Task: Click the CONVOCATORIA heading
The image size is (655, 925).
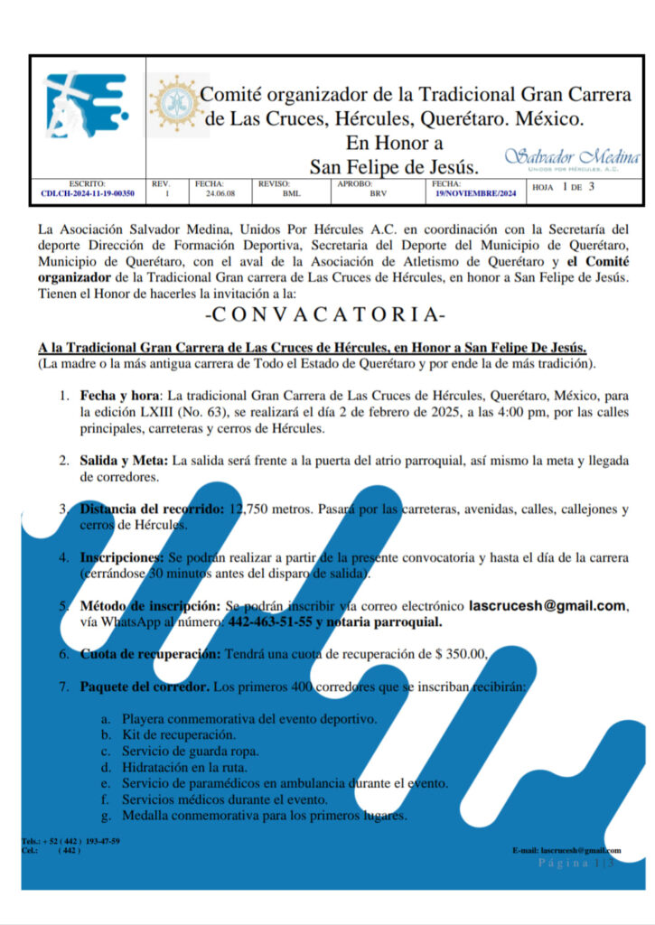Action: (x=326, y=316)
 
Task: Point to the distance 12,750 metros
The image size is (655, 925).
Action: (x=267, y=509)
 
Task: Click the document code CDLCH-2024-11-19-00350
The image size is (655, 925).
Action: (x=88, y=193)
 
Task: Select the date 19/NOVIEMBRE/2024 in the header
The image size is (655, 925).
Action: (x=475, y=193)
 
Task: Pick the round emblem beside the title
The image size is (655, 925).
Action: (x=173, y=102)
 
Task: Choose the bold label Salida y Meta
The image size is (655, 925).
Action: (x=124, y=461)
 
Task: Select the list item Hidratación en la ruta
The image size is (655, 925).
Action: (x=187, y=767)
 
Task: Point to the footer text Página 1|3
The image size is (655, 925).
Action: (x=576, y=864)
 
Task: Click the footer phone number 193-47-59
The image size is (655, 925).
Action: (x=103, y=841)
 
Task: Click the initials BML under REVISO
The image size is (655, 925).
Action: (x=292, y=193)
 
